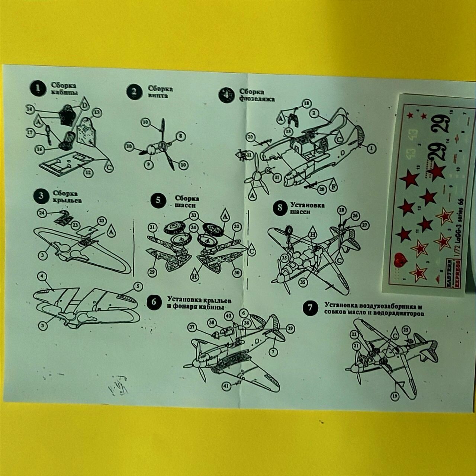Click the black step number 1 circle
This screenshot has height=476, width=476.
pyautogui.click(x=37, y=89)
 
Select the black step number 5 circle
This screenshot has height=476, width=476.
pyautogui.click(x=158, y=201)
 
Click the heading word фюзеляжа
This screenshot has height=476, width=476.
pyautogui.click(x=257, y=99)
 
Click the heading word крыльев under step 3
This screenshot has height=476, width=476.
pyautogui.click(x=68, y=200)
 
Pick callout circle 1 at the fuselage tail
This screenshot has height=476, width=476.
pyautogui.click(x=371, y=149)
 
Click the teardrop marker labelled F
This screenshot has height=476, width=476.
pyautogui.click(x=333, y=187)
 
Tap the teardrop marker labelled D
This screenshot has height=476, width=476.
pyautogui.click(x=84, y=104)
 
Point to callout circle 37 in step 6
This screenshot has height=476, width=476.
pyautogui.click(x=192, y=327)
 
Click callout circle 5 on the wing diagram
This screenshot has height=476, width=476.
pyautogui.click(x=138, y=286)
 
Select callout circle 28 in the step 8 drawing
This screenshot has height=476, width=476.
pyautogui.click(x=342, y=210)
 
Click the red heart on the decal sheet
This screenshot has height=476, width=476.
pyautogui.click(x=400, y=259)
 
